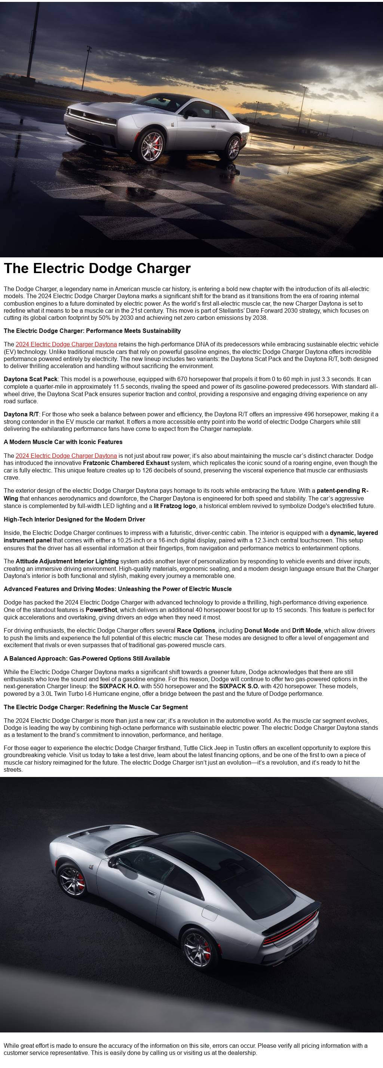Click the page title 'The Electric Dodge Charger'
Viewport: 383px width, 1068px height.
pos(97,268)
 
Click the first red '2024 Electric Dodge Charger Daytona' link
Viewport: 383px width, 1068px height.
pos(66,344)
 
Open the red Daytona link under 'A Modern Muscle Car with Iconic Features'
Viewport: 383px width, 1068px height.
pos(66,456)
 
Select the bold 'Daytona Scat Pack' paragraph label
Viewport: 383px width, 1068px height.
pos(31,379)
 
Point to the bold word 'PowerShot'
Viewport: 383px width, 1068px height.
pos(101,610)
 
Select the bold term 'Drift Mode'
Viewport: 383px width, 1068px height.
pos(306,630)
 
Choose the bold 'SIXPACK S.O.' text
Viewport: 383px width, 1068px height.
pos(239,686)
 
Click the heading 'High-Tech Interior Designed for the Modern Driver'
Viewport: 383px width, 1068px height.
pos(74,519)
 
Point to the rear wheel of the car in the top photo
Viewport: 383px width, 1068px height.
pos(233,148)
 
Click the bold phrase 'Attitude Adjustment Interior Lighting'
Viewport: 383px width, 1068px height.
pos(67,561)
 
